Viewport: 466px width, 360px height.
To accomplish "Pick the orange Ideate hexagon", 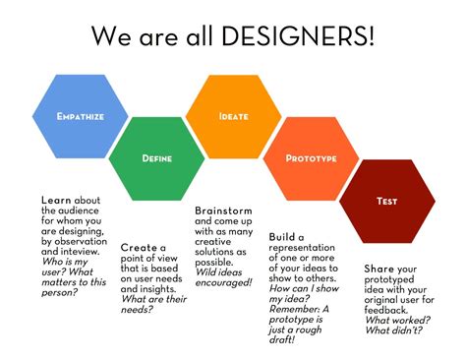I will (x=233, y=116).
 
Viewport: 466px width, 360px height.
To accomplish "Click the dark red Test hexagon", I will (x=386, y=201).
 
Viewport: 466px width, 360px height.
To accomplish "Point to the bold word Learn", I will (x=56, y=201).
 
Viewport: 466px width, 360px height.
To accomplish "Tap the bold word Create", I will (x=140, y=248).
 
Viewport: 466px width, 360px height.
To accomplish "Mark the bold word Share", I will (x=379, y=268).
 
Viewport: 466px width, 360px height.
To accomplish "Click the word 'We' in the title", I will (x=110, y=36).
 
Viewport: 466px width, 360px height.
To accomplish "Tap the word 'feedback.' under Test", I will (x=392, y=309).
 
